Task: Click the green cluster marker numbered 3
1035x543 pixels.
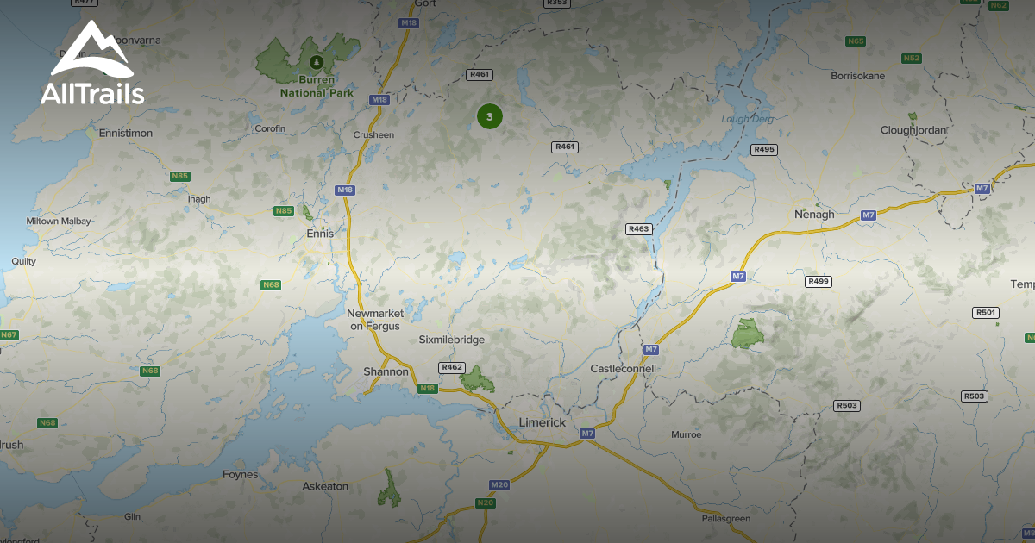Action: [x=490, y=116]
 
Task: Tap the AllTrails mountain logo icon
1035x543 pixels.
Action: [x=91, y=50]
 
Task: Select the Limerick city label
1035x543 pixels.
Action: [x=543, y=422]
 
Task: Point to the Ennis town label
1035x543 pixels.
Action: [x=320, y=233]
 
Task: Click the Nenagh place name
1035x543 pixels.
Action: [x=814, y=214]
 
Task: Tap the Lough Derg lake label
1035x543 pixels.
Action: [x=748, y=119]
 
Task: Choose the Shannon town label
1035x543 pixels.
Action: [x=386, y=371]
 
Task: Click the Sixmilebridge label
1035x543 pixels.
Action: [x=452, y=340]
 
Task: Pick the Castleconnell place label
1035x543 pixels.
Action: [x=623, y=368]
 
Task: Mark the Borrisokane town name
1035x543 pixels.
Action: [x=857, y=76]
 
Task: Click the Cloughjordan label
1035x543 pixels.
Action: [x=913, y=130]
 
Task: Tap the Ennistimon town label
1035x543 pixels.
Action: [x=126, y=134]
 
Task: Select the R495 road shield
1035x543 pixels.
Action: [x=764, y=149]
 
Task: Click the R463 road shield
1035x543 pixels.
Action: [x=638, y=228]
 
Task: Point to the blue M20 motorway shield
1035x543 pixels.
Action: [x=499, y=485]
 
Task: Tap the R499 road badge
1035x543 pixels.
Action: [x=818, y=281]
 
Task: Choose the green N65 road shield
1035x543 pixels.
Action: [x=856, y=41]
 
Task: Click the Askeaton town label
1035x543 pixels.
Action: [x=325, y=486]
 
